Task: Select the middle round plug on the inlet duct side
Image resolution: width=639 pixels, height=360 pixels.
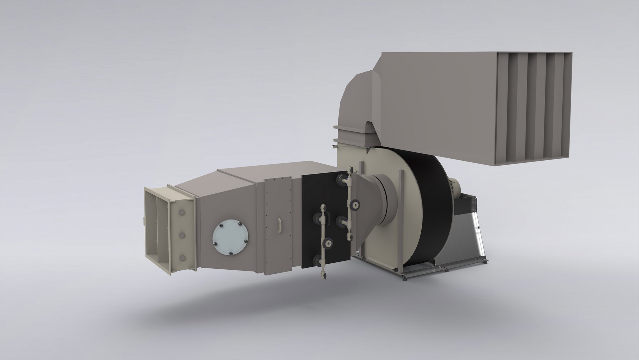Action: tap(182, 235)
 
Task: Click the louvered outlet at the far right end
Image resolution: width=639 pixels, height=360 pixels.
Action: tap(532, 108)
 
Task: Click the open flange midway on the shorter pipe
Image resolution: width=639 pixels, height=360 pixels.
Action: tap(329, 243)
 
